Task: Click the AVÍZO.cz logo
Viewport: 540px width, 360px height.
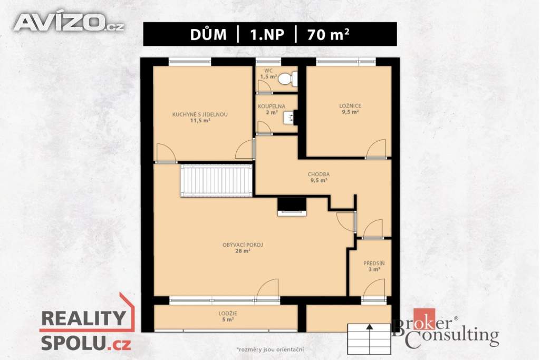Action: pyautogui.click(x=69, y=23)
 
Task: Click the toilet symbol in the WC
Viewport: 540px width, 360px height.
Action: pyautogui.click(x=287, y=79)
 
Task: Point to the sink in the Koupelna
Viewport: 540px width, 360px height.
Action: pyautogui.click(x=290, y=117)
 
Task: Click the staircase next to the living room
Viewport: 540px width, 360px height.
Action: pyautogui.click(x=216, y=180)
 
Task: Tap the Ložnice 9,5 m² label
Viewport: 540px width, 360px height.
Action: pyautogui.click(x=350, y=109)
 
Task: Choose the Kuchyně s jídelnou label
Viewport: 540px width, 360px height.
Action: pyautogui.click(x=200, y=118)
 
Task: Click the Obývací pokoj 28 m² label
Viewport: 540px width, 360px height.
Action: pyautogui.click(x=243, y=248)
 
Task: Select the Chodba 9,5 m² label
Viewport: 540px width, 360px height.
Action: pyautogui.click(x=319, y=177)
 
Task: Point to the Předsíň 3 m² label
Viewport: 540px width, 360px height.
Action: pyautogui.click(x=374, y=266)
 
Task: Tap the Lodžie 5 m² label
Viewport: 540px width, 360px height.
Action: pyautogui.click(x=228, y=317)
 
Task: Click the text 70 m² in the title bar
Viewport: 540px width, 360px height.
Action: pyautogui.click(x=328, y=34)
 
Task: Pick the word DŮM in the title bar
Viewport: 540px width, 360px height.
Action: pyautogui.click(x=208, y=34)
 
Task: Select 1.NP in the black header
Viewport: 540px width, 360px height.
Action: pyautogui.click(x=267, y=34)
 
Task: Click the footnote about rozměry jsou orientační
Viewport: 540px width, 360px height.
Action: pyautogui.click(x=269, y=349)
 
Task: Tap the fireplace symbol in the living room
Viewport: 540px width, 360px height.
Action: pyautogui.click(x=292, y=207)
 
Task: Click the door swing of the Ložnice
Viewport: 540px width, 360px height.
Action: pyautogui.click(x=375, y=149)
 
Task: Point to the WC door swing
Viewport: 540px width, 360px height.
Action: pyautogui.click(x=265, y=87)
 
